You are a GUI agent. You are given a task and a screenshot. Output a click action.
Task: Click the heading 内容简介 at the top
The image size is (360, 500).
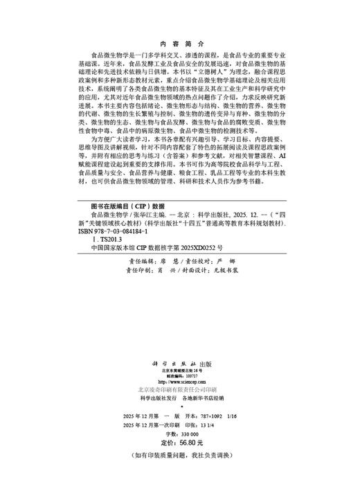(179, 41)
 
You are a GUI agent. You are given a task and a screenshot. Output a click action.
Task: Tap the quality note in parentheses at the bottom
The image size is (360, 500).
(179, 454)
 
